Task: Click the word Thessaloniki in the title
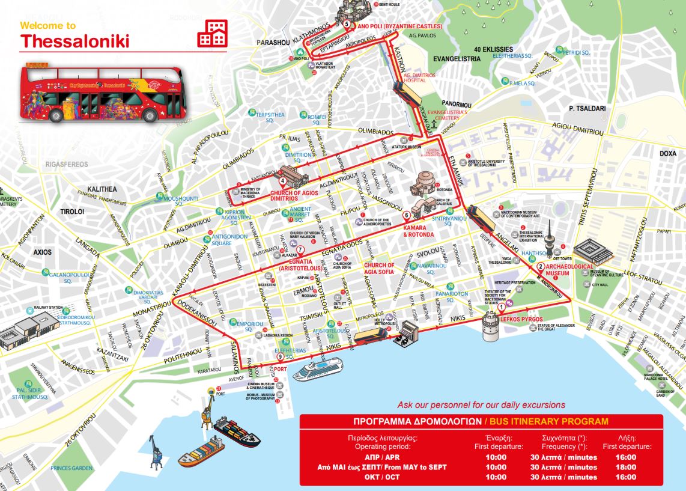[x=74, y=41]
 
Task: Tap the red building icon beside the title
[x=213, y=32]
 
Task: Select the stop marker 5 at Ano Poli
[x=347, y=24]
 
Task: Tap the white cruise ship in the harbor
[x=317, y=368]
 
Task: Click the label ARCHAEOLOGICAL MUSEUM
[x=569, y=269]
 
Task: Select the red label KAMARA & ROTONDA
[x=418, y=231]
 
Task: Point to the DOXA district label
[x=668, y=154]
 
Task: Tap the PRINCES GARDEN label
[x=71, y=468]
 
